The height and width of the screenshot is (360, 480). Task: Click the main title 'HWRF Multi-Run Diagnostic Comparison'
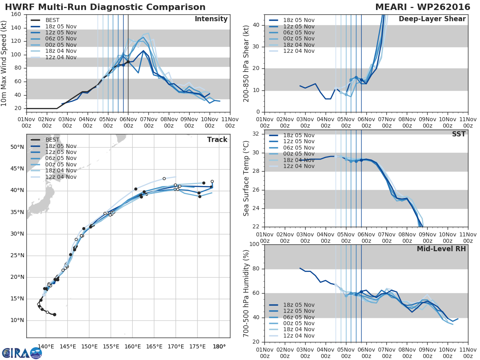[105, 7]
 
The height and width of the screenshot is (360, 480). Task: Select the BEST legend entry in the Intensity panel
[52, 20]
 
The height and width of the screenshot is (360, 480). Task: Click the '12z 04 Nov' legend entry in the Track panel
[60, 177]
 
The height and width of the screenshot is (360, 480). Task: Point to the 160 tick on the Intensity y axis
[16, 14]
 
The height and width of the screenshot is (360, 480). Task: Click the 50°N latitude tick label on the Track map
[17, 147]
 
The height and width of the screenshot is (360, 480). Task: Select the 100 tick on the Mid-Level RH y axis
[254, 244]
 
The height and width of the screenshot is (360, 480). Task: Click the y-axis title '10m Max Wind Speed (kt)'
[4, 61]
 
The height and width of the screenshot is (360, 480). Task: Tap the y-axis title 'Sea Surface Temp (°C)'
[246, 179]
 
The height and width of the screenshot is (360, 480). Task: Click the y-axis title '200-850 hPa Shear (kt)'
[246, 63]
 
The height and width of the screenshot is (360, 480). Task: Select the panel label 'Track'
[217, 140]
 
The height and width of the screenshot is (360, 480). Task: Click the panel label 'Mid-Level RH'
[441, 249]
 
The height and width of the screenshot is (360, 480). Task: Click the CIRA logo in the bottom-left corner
[22, 353]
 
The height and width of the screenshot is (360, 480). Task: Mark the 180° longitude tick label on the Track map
[219, 346]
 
